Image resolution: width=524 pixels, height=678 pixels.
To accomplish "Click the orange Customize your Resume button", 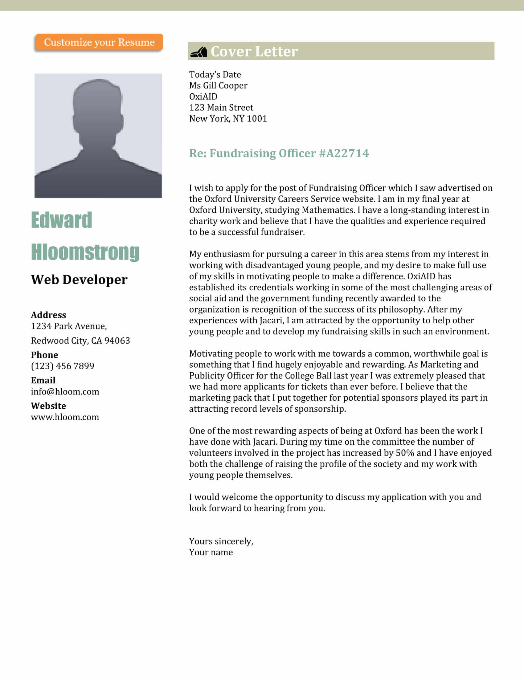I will pyautogui.click(x=99, y=42).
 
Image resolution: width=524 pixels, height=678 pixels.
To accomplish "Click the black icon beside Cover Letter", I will pyautogui.click(x=199, y=51).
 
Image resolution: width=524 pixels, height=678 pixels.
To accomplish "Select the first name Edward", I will pyautogui.click(x=61, y=220).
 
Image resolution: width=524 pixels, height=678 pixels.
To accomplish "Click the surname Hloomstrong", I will pyautogui.click(x=85, y=252).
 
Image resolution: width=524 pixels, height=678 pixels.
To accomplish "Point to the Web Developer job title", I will pyautogui.click(x=79, y=280).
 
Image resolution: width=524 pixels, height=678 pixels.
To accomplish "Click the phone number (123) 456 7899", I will pyautogui.click(x=62, y=366).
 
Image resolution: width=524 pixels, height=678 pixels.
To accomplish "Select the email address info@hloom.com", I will pyautogui.click(x=65, y=392).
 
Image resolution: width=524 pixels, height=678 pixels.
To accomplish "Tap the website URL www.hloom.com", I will pyautogui.click(x=65, y=417).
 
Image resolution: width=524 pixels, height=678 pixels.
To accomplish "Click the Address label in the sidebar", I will pyautogui.click(x=48, y=315).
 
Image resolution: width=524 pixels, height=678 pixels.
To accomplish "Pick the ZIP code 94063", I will pyautogui.click(x=117, y=341).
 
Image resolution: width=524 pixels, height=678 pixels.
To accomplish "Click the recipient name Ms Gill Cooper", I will pyautogui.click(x=218, y=86).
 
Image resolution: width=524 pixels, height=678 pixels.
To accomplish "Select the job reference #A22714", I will pyautogui.click(x=344, y=153).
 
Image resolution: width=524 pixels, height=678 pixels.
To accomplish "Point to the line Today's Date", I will pyautogui.click(x=215, y=75).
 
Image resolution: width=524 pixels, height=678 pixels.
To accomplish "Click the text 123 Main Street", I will pyautogui.click(x=221, y=108).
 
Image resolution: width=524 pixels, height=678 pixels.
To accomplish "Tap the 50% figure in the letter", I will pyautogui.click(x=405, y=453).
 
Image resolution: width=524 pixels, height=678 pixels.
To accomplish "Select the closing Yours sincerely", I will pyautogui.click(x=221, y=541).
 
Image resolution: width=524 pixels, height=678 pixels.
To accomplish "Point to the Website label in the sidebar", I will pyautogui.click(x=48, y=406).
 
